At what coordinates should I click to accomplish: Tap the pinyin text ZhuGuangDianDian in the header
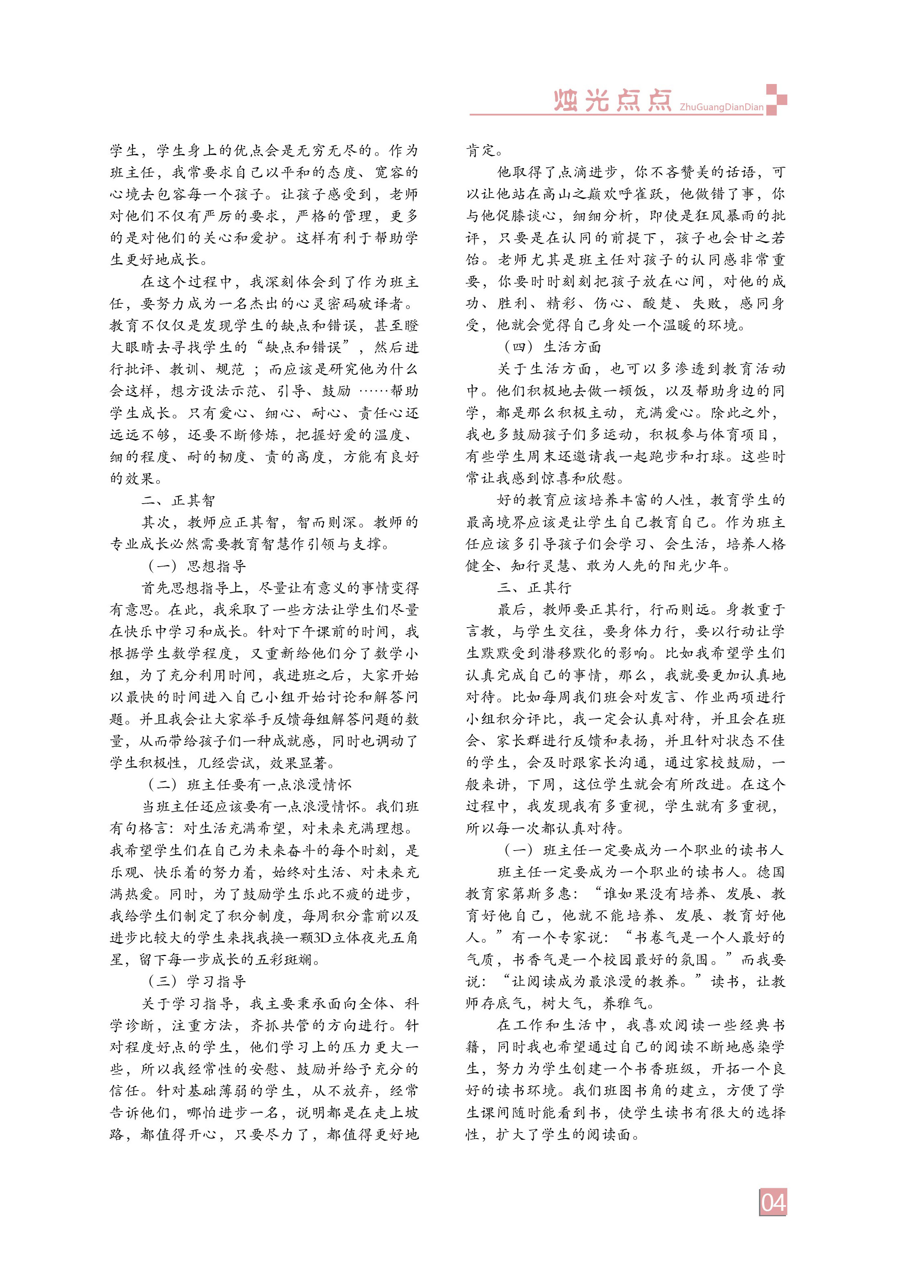tap(721, 107)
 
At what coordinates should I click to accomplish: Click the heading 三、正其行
tap(534, 588)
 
